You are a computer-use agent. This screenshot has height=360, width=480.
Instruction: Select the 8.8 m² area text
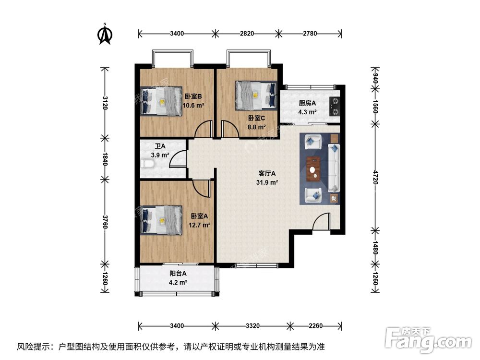coord(257,127)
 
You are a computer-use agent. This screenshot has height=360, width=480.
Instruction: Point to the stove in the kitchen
coord(334,107)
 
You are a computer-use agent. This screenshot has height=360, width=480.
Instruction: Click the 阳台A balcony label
coord(178,274)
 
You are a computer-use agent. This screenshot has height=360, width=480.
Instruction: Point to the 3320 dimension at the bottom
coord(252,326)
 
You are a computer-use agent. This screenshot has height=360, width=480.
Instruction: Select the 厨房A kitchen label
coord(307,103)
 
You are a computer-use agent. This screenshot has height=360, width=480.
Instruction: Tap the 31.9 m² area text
coord(268,182)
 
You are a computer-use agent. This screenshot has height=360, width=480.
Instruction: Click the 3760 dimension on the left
coord(105,221)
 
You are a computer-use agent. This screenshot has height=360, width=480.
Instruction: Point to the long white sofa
coord(335,168)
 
